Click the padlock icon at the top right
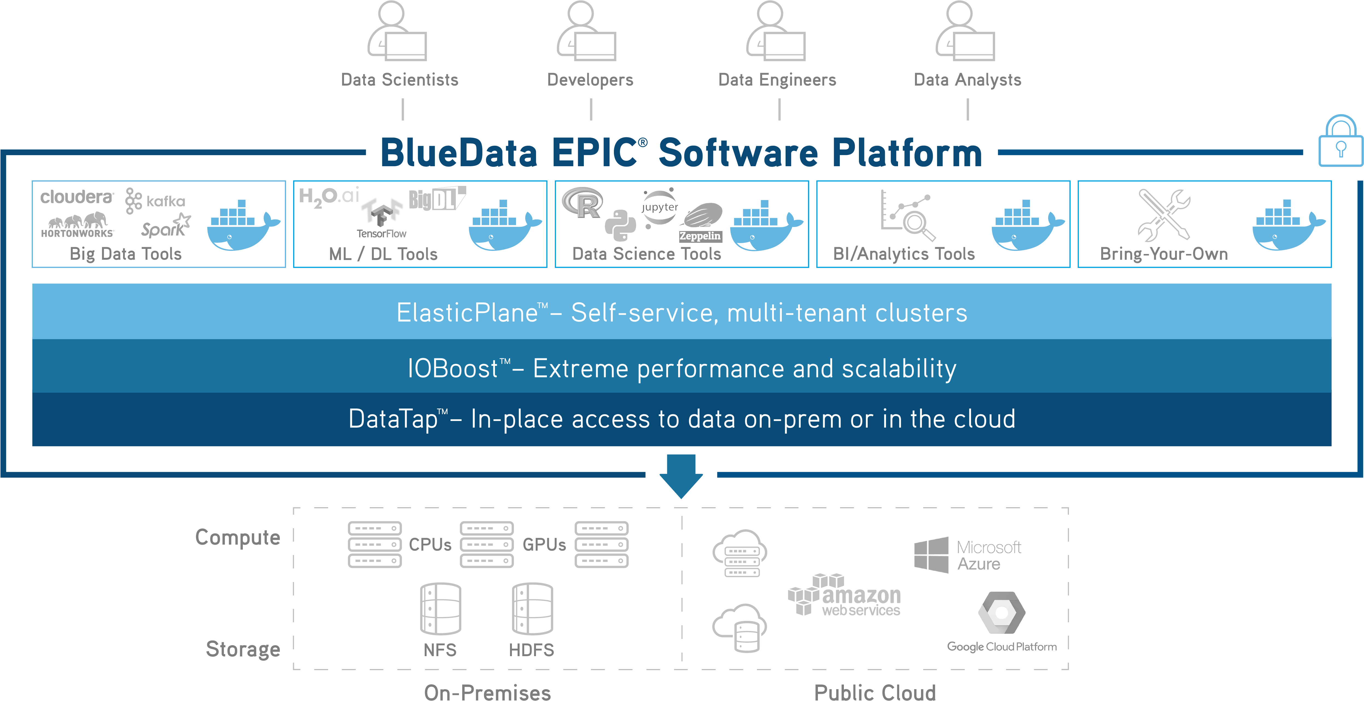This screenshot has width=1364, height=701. tap(1340, 142)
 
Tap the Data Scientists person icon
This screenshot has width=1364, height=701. tap(397, 32)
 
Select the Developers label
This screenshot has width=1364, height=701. tap(590, 80)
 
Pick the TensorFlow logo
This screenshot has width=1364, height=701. tap(381, 217)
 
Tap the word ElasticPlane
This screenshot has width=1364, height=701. tap(467, 313)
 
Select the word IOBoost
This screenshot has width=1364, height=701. tap(453, 369)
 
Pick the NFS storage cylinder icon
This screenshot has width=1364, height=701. tap(440, 609)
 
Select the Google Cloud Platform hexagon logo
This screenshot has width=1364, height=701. tap(1001, 613)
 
